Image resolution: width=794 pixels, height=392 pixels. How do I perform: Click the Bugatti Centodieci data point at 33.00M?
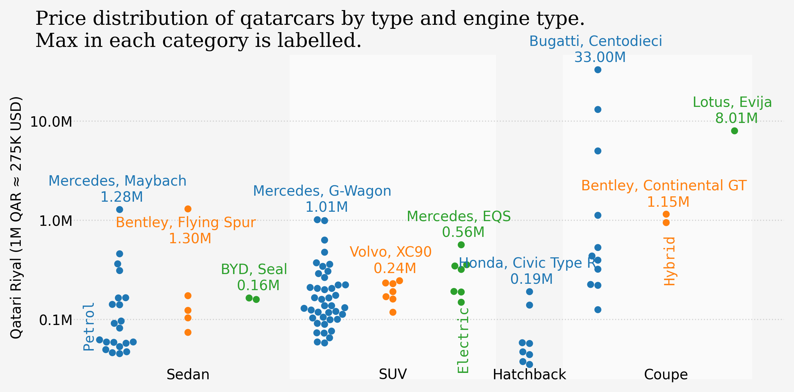[x=598, y=70]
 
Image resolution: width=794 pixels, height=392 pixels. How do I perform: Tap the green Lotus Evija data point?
[x=734, y=131]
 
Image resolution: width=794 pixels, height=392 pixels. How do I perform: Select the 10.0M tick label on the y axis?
[x=51, y=122]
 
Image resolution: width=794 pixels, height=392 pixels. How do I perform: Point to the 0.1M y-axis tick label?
[x=55, y=320]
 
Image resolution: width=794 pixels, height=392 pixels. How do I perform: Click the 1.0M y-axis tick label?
[x=55, y=221]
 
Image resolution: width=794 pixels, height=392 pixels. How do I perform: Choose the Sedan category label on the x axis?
[x=188, y=375]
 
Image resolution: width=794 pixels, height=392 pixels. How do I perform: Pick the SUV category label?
[x=393, y=374]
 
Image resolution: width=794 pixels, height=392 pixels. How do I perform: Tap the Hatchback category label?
[x=529, y=375]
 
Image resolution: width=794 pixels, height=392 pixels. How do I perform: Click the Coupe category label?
[x=666, y=375]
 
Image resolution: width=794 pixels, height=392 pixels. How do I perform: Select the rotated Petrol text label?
[x=89, y=327]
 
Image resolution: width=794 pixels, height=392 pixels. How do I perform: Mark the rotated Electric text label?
[x=463, y=340]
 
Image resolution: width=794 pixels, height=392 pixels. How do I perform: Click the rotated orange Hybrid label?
[x=670, y=261]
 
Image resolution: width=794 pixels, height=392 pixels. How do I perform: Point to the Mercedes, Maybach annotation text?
[x=117, y=181]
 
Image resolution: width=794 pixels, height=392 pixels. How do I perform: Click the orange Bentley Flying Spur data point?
[x=188, y=209]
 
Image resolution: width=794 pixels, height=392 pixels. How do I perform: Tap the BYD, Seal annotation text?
[x=254, y=269]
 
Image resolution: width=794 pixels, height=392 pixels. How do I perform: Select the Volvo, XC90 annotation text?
[x=390, y=252]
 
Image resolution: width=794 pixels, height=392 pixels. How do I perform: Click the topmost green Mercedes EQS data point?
[x=461, y=245]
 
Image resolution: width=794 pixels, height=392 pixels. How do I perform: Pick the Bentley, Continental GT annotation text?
[x=664, y=186]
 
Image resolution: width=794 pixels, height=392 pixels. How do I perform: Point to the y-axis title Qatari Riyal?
[x=16, y=218]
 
